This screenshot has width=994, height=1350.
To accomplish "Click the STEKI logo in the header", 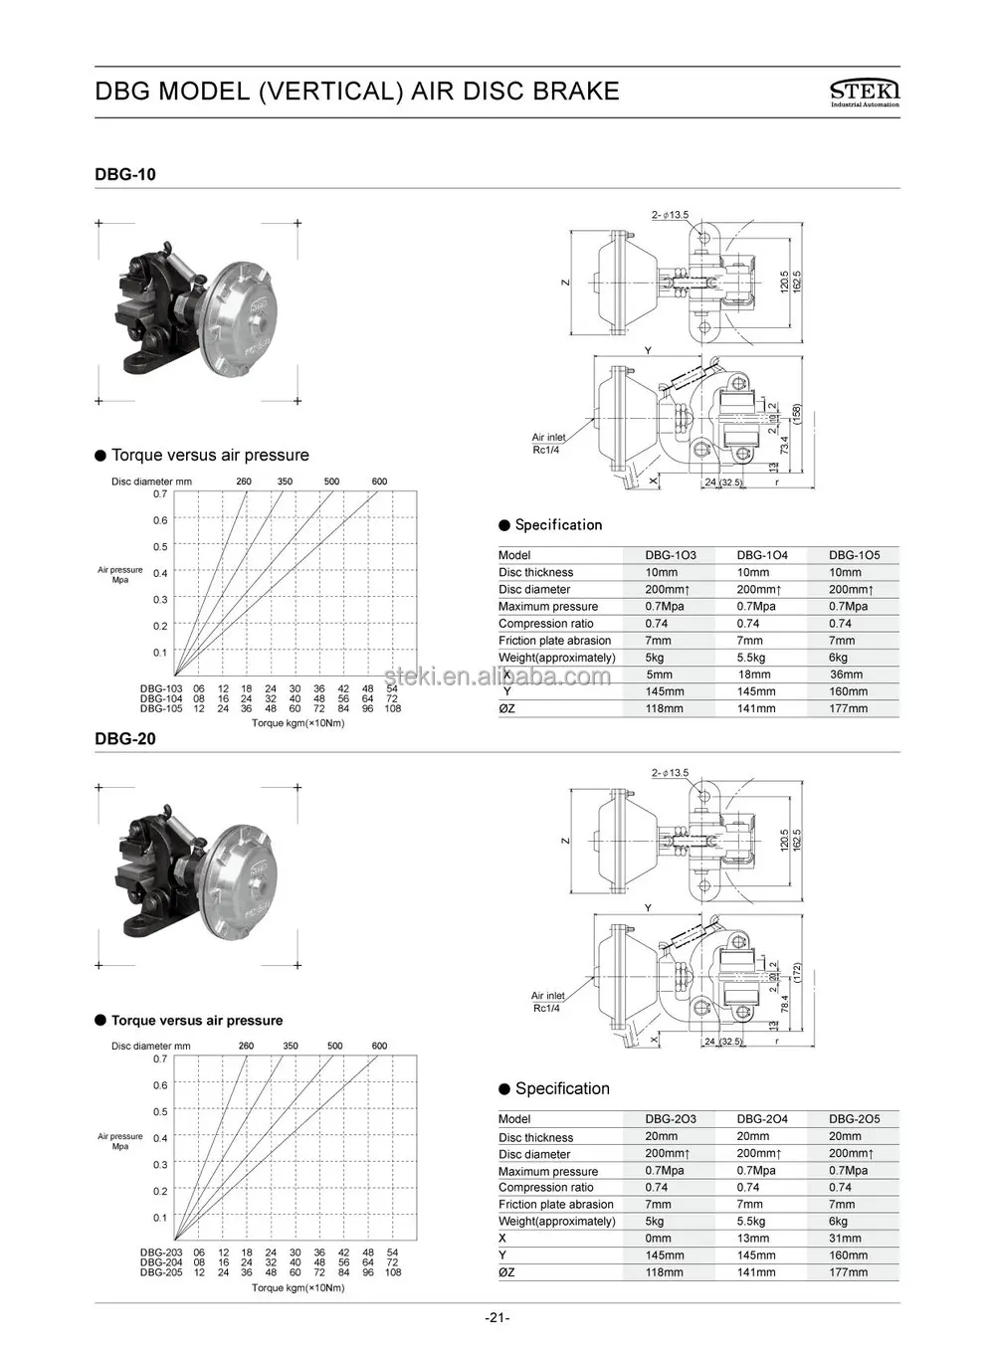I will (864, 93).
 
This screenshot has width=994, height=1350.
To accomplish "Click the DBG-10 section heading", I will (124, 174).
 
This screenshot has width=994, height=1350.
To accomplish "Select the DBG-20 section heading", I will (124, 739).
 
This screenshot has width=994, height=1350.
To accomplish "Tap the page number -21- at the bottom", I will (497, 1318).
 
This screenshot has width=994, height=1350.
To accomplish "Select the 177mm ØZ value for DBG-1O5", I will (848, 709).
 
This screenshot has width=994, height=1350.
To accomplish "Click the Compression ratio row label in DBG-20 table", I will (545, 1187).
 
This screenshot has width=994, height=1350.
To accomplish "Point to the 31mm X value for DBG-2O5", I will (845, 1239).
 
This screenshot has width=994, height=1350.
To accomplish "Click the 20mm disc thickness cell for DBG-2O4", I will (752, 1136).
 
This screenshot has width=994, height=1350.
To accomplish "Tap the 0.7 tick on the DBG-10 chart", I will (160, 493).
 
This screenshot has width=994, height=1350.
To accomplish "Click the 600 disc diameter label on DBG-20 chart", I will (379, 1046).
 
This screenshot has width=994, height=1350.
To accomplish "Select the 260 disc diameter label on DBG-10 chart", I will (244, 482).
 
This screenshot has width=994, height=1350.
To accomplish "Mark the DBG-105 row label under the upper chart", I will (160, 709).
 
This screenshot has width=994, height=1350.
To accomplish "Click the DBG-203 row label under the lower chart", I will (160, 1253).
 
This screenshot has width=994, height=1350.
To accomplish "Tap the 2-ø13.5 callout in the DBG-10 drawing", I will (670, 214).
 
